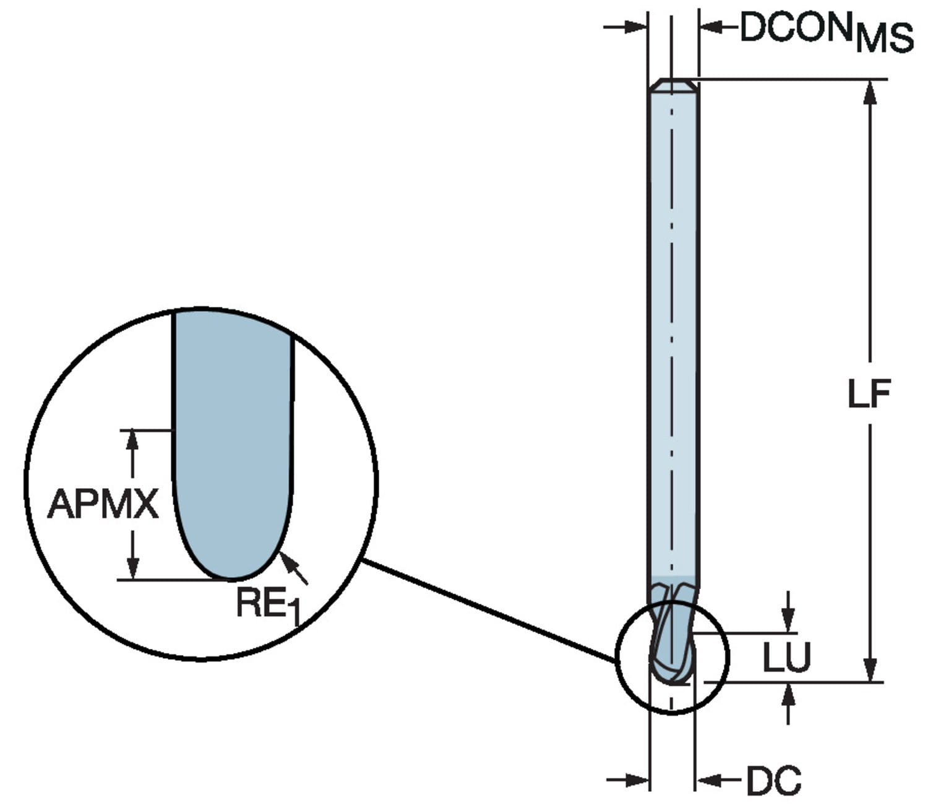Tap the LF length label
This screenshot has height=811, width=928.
point(869,393)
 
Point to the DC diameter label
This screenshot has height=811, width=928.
point(773,781)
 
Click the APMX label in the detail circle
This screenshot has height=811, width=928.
point(103,504)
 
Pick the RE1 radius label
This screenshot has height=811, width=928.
point(267,604)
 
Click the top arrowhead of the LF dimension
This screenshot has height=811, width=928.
point(869,93)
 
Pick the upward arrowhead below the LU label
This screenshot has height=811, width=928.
point(788,695)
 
